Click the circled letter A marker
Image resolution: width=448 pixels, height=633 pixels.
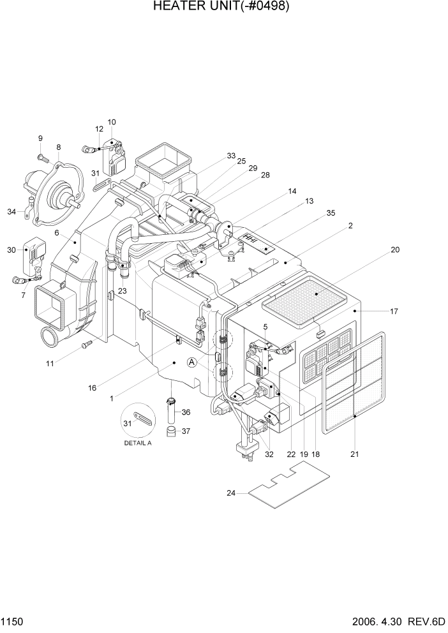tap(191, 362)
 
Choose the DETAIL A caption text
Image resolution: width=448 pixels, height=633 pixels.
tap(138, 443)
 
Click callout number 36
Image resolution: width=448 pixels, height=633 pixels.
tap(186, 412)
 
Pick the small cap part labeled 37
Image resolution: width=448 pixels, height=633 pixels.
tap(171, 435)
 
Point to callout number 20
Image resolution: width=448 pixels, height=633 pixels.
tap(395, 250)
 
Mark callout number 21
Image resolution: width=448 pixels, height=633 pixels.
tap(355, 455)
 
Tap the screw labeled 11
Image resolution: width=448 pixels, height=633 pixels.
tap(86, 345)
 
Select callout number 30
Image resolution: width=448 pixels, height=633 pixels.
tap(11, 250)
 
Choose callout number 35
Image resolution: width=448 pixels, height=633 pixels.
tap(331, 214)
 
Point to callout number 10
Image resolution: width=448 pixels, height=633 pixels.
tap(112, 122)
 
